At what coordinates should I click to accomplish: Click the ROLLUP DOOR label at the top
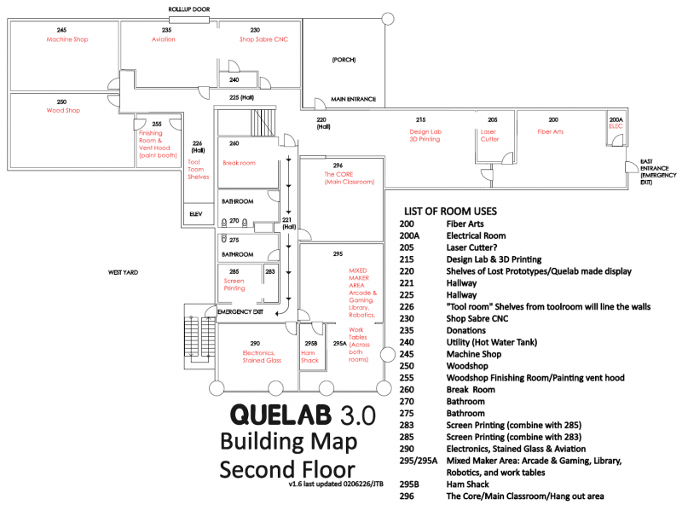pos(188,8)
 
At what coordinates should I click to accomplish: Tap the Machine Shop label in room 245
pos(67,39)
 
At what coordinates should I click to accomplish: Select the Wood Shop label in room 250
pos(62,110)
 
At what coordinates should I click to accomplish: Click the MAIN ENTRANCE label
pos(354,99)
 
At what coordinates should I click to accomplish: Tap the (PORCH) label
pos(344,60)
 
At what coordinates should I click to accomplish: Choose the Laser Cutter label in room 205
pos(489,135)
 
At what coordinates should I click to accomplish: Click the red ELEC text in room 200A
pos(616,126)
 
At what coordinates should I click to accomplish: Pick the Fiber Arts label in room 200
pos(550,132)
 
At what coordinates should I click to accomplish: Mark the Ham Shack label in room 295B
pos(309,357)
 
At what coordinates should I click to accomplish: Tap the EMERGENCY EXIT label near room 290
pos(240,312)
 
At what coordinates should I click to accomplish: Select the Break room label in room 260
pos(240,163)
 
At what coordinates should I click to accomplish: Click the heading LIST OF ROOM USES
pos(451,211)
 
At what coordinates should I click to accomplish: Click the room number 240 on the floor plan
pos(234,80)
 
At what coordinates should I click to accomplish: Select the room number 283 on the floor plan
pos(269,271)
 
